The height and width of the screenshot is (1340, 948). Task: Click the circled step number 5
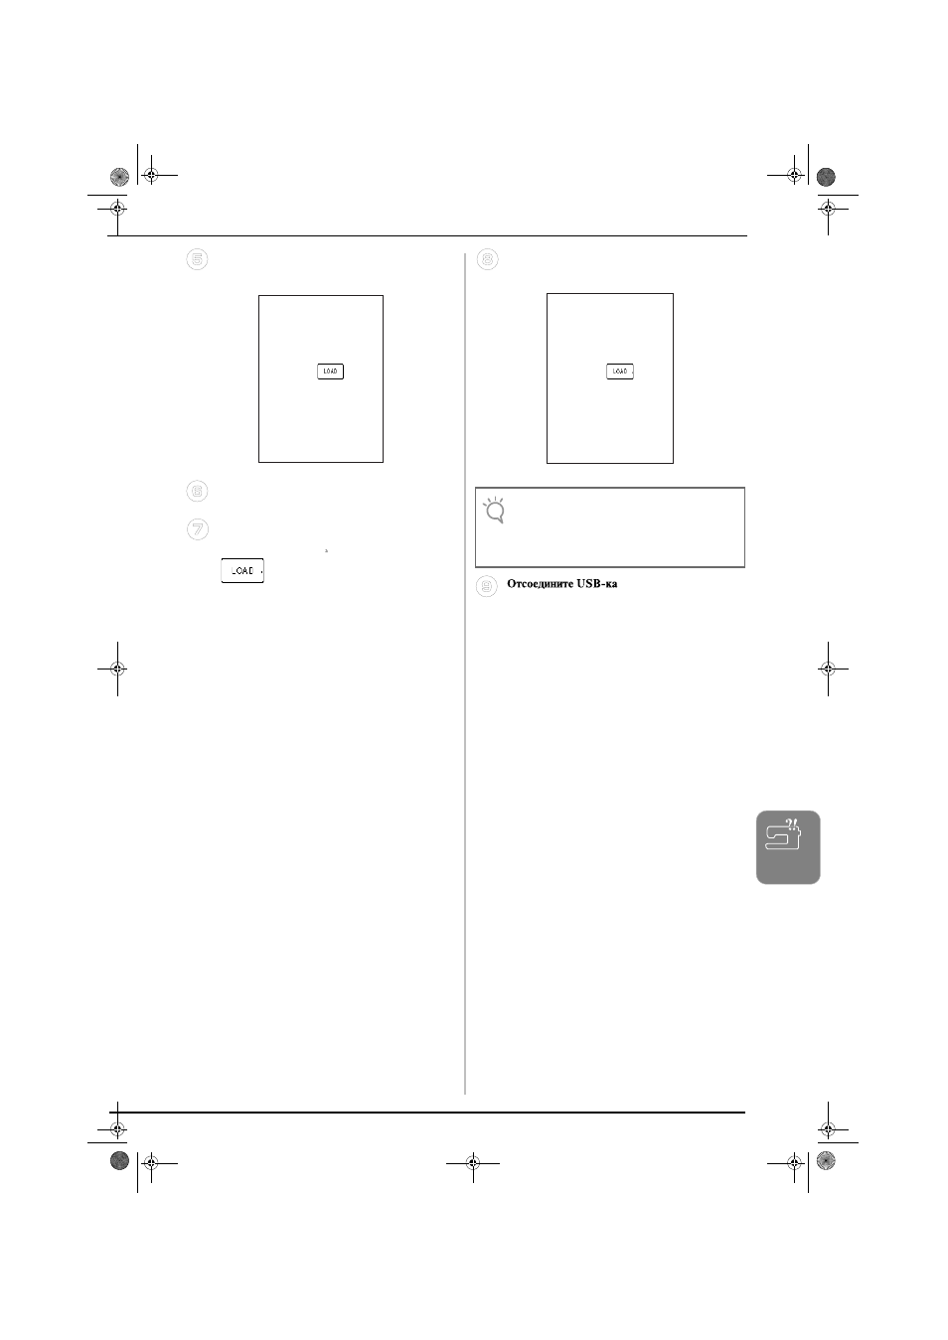197,259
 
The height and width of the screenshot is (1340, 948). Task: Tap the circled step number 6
197,491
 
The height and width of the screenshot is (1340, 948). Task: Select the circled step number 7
198,529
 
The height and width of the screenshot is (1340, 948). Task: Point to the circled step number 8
487,259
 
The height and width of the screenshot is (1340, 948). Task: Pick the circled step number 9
487,586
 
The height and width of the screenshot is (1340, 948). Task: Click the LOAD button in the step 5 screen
330,372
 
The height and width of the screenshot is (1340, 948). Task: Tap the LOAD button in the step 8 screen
620,372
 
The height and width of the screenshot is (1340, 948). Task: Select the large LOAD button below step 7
242,571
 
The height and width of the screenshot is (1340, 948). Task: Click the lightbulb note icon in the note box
494,511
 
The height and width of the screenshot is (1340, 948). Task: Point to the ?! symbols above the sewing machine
792,823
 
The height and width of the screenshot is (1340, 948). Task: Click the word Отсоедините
540,584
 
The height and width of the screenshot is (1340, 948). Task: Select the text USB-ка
596,584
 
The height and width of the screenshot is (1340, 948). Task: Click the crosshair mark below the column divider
473,1163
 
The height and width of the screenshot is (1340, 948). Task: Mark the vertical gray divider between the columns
465,673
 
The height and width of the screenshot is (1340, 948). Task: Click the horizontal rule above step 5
427,235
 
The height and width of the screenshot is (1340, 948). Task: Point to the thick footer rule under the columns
427,1113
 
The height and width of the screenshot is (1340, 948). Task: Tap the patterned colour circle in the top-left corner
119,177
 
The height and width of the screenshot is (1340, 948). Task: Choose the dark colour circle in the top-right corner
826,177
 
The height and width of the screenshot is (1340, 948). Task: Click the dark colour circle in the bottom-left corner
119,1160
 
